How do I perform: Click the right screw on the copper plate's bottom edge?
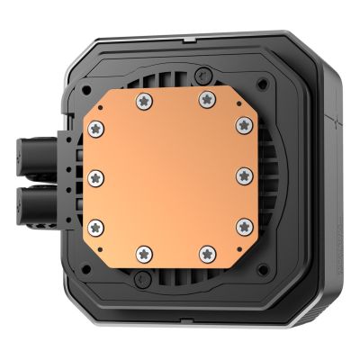(207, 251)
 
